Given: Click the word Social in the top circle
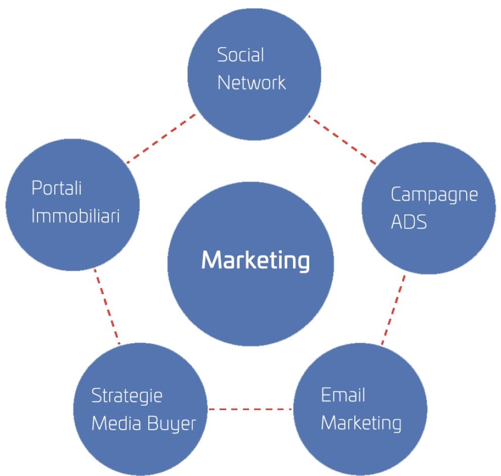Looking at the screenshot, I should pyautogui.click(x=240, y=55).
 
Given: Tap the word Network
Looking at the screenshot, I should pyautogui.click(x=252, y=82).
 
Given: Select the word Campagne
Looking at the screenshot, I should pyautogui.click(x=434, y=194).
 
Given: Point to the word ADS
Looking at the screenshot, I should pyautogui.click(x=409, y=222).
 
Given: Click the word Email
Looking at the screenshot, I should pyautogui.click(x=343, y=395).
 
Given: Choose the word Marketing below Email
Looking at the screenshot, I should pyautogui.click(x=361, y=423).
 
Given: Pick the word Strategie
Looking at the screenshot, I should pyautogui.click(x=127, y=396).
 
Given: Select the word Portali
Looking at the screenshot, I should pyautogui.click(x=56, y=188).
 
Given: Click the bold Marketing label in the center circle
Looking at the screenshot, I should pyautogui.click(x=255, y=261).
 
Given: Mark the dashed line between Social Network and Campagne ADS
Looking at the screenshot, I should pyautogui.click(x=342, y=141).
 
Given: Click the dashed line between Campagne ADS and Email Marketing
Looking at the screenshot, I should pyautogui.click(x=393, y=310).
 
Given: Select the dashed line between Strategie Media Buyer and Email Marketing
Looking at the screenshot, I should pyautogui.click(x=251, y=409).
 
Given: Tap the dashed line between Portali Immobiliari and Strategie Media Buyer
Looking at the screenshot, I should pyautogui.click(x=107, y=307).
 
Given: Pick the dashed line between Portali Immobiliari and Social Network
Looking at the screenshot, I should pyautogui.click(x=161, y=138).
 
